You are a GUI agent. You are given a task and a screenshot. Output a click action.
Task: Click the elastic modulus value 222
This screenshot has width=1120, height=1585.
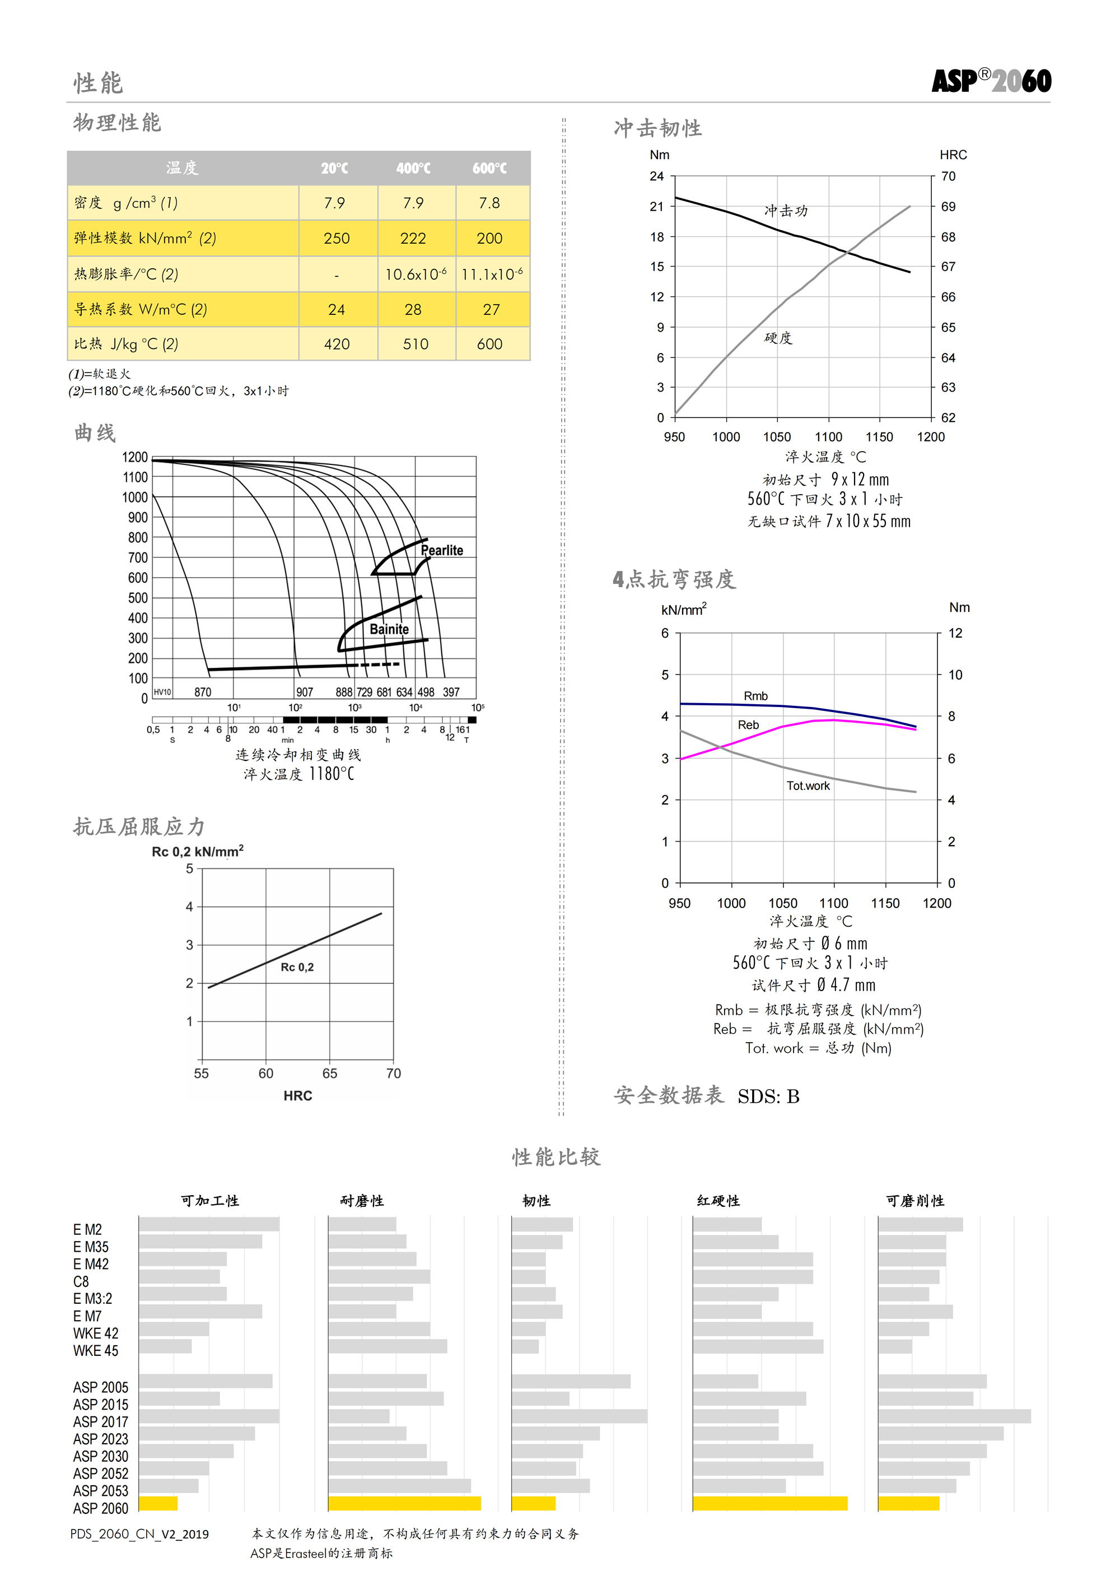413,239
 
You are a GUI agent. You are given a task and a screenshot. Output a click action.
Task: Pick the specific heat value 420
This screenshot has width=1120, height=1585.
337,345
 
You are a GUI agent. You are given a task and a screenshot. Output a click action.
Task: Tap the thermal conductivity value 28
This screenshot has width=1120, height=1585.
413,310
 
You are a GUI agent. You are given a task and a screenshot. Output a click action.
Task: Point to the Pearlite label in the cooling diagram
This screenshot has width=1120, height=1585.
442,550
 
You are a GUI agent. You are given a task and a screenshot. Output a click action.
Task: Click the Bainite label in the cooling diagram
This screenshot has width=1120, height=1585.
389,629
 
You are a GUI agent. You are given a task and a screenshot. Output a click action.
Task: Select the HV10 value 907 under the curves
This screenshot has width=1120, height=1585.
304,692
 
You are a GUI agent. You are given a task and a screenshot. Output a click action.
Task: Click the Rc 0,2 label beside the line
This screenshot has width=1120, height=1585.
297,967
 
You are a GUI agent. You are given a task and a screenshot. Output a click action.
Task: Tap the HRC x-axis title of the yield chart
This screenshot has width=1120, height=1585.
297,1095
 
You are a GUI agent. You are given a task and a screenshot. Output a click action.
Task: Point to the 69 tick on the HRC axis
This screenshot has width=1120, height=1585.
948,206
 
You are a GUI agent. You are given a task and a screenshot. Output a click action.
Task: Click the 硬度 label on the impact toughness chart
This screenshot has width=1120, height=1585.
778,338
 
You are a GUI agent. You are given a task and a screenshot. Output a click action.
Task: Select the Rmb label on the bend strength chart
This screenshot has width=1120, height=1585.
755,696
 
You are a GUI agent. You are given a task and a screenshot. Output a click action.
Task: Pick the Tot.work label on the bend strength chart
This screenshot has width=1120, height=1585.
808,785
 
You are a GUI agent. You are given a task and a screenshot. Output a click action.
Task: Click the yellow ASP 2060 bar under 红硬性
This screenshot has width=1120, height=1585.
769,1504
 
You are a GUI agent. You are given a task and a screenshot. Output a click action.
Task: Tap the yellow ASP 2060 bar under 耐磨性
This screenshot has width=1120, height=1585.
404,1504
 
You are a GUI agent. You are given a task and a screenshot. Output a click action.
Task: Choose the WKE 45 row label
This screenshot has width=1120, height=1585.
95,1350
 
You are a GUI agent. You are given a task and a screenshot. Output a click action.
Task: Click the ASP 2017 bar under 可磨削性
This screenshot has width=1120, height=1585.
954,1416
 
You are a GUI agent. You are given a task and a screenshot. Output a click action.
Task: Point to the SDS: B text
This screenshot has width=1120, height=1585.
768,1096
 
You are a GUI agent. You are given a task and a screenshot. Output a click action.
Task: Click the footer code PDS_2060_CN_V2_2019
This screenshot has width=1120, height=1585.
139,1534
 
